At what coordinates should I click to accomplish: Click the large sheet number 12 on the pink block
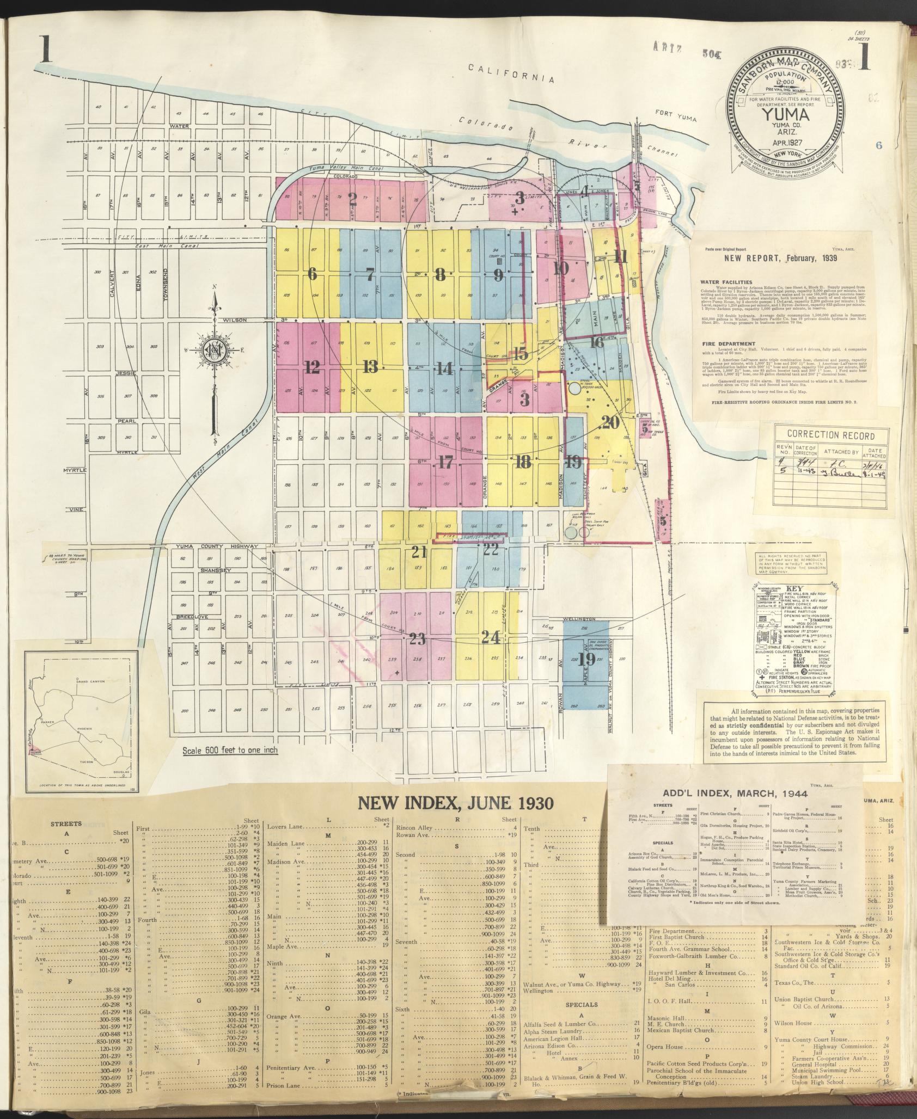[312, 368]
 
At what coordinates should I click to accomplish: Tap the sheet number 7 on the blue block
[370, 275]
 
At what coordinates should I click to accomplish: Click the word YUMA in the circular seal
[784, 115]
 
